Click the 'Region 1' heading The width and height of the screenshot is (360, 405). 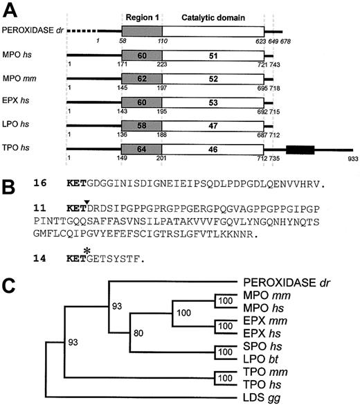pos(141,15)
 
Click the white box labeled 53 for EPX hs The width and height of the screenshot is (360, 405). pos(213,102)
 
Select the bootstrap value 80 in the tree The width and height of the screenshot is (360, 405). pos(141,332)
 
